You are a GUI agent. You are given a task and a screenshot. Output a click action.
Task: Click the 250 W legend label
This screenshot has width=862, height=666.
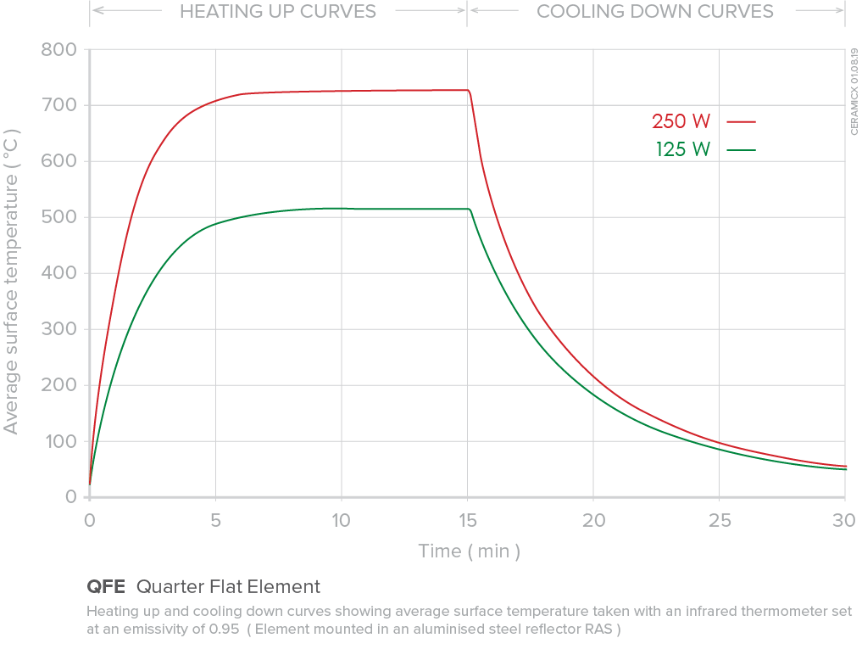tap(681, 121)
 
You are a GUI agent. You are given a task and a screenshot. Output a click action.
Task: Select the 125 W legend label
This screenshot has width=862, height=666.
tap(682, 150)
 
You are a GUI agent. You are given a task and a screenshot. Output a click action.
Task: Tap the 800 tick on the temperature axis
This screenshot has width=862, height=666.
tap(58, 50)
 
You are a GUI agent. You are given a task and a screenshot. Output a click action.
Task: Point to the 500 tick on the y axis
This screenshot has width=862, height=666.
tap(58, 217)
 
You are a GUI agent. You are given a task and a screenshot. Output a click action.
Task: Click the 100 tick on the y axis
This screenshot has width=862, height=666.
tap(58, 442)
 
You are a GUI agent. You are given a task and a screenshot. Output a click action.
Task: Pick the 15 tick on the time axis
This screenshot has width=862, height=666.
tap(467, 521)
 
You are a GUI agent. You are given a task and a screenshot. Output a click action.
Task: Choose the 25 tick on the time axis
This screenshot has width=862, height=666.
tap(719, 521)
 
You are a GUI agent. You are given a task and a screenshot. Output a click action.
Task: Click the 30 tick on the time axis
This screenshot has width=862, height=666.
tap(844, 521)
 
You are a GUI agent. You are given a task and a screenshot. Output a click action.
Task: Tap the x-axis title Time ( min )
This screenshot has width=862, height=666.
tap(469, 551)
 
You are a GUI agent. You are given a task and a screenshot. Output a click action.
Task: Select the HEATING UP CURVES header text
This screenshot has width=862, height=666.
tap(278, 12)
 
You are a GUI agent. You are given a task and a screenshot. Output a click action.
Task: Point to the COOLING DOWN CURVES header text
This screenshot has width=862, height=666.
tap(655, 12)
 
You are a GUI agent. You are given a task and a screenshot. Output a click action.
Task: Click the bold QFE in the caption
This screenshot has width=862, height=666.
tap(106, 586)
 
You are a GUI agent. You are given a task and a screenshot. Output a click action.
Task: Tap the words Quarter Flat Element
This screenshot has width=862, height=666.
tap(228, 586)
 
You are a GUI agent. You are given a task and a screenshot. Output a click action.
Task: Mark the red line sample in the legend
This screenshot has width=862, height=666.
tap(741, 122)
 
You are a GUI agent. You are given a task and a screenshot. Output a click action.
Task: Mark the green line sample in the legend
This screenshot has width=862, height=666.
tap(741, 150)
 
